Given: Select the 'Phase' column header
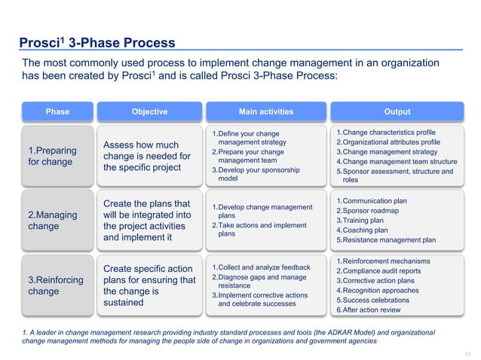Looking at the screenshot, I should point(57,111).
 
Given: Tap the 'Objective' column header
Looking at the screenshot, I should point(149,111).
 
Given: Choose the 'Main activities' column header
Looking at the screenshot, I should point(266,111).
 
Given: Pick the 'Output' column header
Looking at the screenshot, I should point(397,111).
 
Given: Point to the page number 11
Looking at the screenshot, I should point(467,352).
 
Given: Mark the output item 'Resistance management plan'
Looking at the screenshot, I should point(389,240).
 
